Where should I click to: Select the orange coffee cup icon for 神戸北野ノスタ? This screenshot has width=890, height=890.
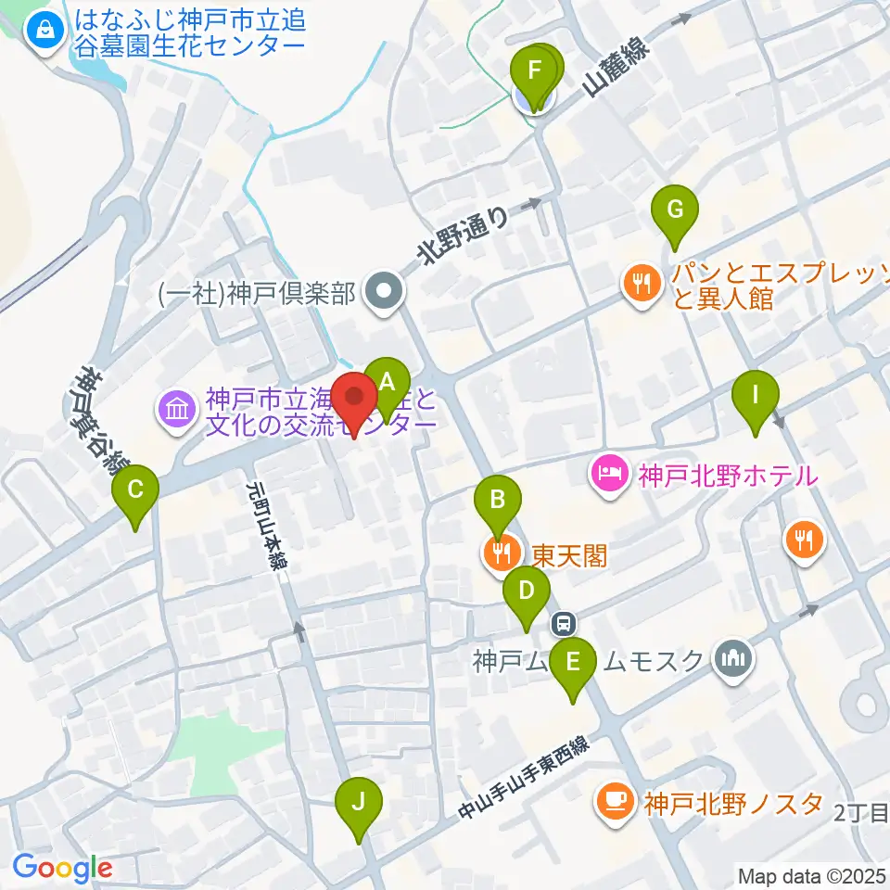(615, 801)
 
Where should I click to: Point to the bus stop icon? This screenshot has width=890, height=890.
(563, 623)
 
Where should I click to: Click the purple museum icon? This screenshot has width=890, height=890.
(176, 408)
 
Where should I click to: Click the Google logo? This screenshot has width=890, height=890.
(62, 868)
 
